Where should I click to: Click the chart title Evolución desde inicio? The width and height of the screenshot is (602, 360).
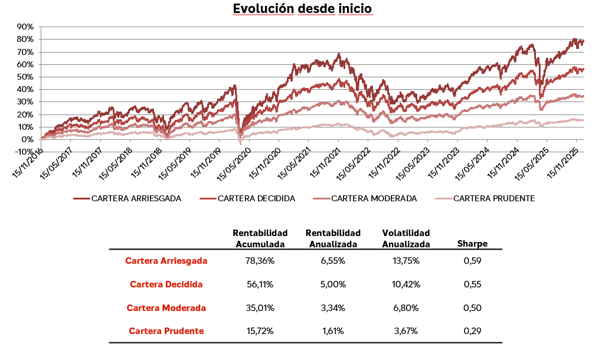302,9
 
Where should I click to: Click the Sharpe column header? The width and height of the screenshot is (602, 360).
472,244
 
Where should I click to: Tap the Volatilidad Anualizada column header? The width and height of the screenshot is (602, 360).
406,238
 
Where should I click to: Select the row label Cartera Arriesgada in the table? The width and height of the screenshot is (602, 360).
166,260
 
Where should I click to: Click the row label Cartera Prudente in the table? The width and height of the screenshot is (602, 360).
166,331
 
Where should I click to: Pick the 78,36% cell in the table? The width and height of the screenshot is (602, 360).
260,260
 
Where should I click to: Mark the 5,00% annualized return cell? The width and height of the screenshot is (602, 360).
333,284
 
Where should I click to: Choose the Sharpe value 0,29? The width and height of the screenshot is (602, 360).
472,331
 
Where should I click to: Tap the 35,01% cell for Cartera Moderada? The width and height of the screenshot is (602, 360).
260,307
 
